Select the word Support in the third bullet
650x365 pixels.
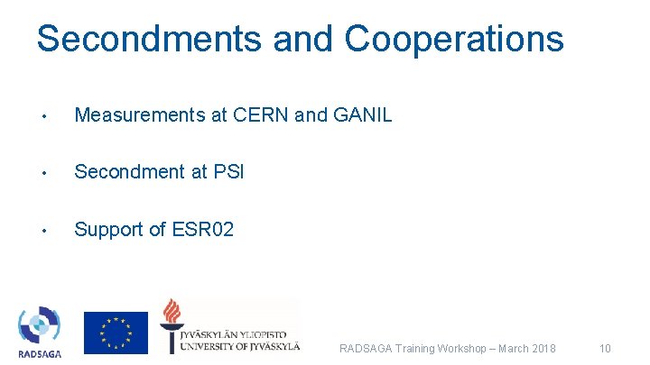[108, 230]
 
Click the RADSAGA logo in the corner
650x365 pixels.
[40, 331]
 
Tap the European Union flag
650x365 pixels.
[116, 332]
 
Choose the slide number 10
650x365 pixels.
[605, 349]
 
